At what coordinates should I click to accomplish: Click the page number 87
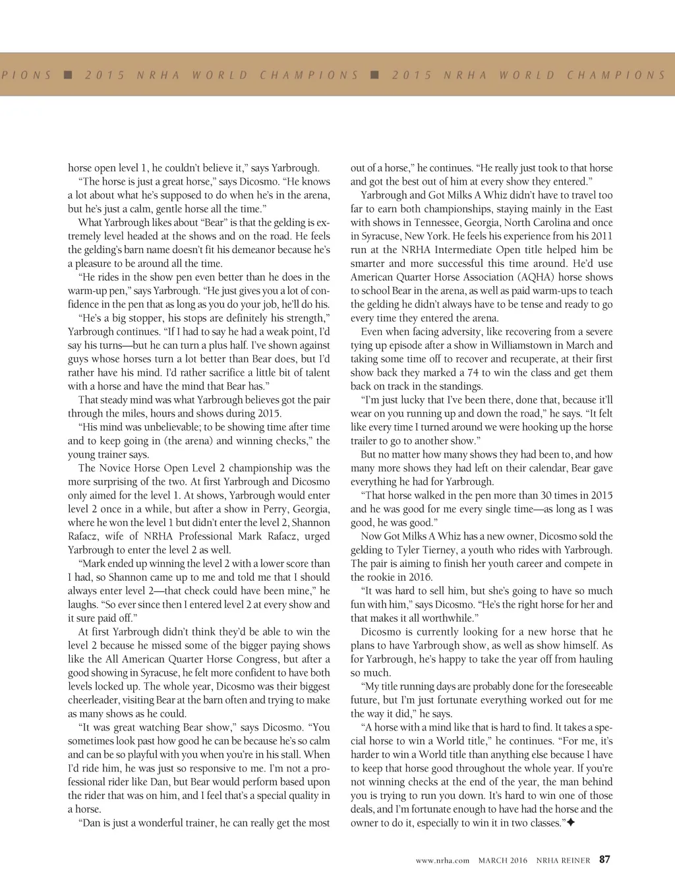[604, 859]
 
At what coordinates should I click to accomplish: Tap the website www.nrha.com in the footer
[442, 860]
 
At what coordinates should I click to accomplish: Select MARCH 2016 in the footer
[503, 860]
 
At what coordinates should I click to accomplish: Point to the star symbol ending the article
[571, 823]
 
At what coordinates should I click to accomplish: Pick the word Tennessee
[426, 223]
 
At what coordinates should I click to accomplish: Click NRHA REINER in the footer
[563, 860]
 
